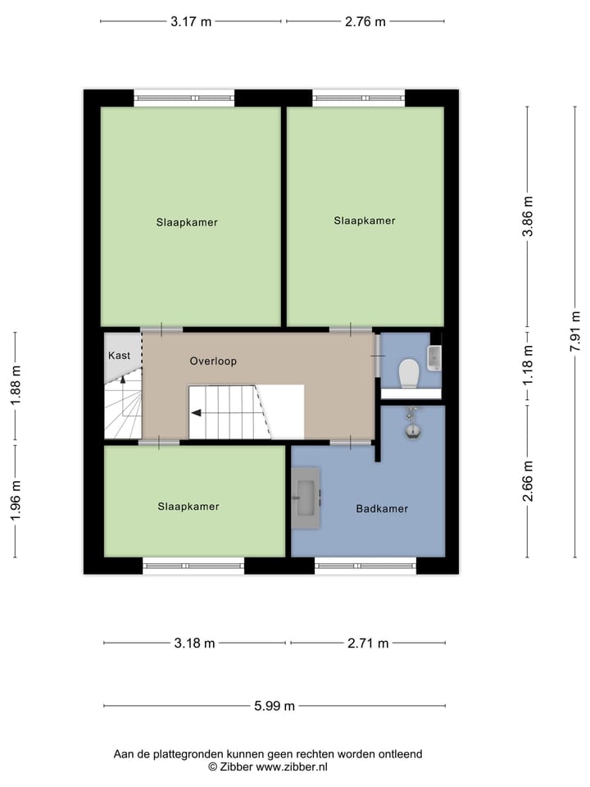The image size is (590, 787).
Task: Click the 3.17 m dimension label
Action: pos(191,22)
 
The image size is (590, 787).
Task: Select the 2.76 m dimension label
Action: pos(365,22)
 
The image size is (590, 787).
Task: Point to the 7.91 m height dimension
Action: pos(575,331)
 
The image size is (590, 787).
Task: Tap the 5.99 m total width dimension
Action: pos(275,706)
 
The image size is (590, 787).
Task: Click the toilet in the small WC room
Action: pos(408,374)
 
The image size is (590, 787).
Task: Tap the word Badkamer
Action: pos(382,509)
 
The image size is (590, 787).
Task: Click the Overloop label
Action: pos(213,361)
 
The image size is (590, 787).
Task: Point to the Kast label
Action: pos(119,356)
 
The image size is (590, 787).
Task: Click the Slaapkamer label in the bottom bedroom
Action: pos(188,507)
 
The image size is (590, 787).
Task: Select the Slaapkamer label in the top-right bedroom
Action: pos(365,221)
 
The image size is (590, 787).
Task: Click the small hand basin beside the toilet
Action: pos(434,357)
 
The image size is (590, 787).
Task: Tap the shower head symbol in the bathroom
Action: pos(413,427)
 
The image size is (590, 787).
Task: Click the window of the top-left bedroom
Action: pos(184,98)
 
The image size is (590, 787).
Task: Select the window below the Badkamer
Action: pos(365,566)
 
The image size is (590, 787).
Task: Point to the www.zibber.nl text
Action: pos(292,767)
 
